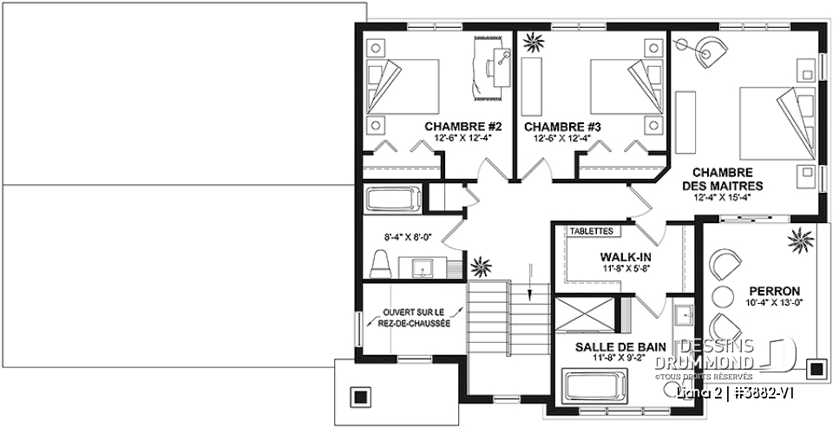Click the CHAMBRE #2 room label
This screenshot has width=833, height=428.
coord(450,126)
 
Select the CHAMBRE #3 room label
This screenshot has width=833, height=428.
coord(563,126)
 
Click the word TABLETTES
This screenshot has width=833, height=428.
coord(592,232)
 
